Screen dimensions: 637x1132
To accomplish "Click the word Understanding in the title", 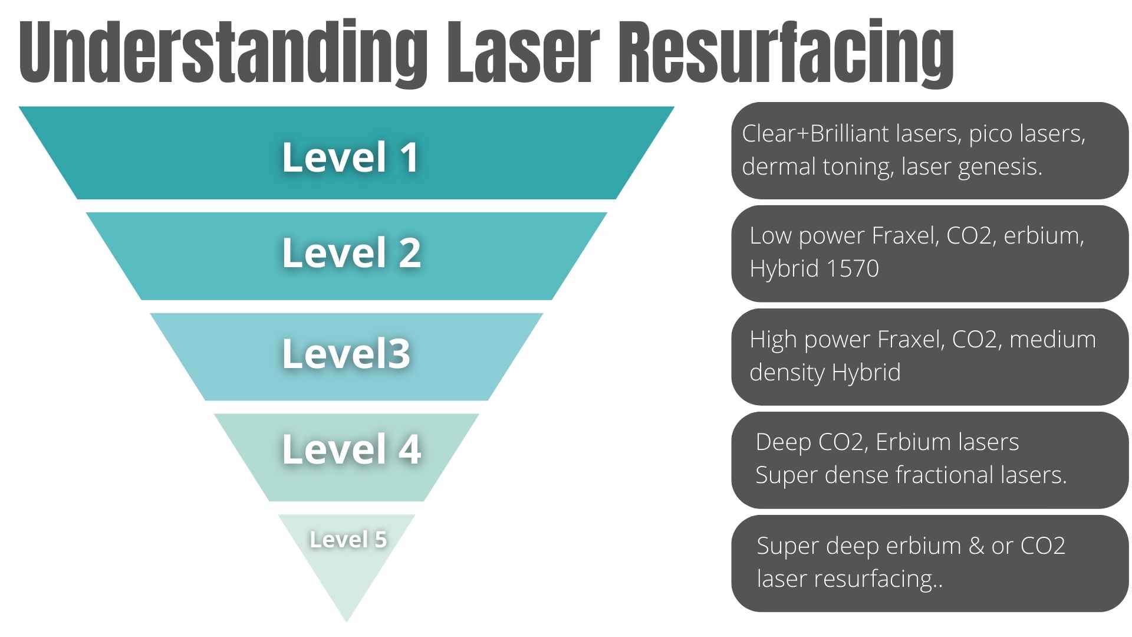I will click(x=223, y=53).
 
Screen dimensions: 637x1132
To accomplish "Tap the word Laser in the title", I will click(x=522, y=53).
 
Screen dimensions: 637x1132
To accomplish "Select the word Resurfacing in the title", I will click(x=785, y=53).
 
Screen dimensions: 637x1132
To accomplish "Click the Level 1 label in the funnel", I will click(x=351, y=157).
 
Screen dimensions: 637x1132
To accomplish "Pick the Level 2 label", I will click(x=351, y=253).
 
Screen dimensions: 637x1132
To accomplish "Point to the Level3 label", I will click(x=346, y=354).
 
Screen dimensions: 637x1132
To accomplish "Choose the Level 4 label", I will click(x=351, y=449).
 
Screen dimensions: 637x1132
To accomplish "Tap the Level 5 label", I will click(x=348, y=539).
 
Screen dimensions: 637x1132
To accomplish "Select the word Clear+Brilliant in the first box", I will click(x=815, y=134).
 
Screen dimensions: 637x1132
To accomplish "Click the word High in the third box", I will click(x=773, y=340).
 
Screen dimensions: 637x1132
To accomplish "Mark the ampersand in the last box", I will click(x=976, y=546).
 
